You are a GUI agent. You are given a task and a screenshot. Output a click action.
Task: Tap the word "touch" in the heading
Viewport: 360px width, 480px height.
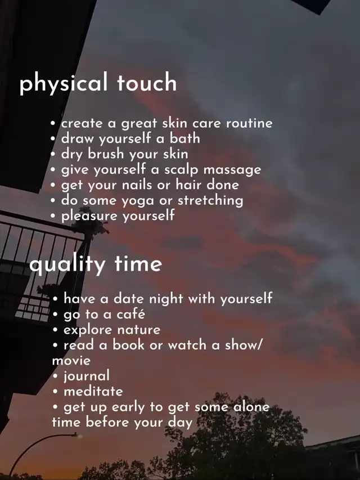147,82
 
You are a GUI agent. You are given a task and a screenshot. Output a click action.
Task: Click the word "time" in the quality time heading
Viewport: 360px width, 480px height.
138,263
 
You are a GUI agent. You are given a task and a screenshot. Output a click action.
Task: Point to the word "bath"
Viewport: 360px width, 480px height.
185,138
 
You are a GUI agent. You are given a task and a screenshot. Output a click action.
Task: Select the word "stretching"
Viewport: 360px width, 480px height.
210,200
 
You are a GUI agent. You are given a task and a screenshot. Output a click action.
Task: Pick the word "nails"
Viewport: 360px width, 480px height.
137,185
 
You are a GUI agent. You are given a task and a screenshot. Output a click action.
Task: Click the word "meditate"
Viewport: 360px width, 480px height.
93,391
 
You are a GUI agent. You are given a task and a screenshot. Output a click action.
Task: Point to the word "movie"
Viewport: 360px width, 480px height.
71,361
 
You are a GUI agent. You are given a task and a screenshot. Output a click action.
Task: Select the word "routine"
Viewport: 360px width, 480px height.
249,123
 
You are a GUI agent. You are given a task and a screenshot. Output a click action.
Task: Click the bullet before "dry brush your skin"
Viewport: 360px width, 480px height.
53,154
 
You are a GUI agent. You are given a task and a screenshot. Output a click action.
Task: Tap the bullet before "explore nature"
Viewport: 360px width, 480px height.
55,330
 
